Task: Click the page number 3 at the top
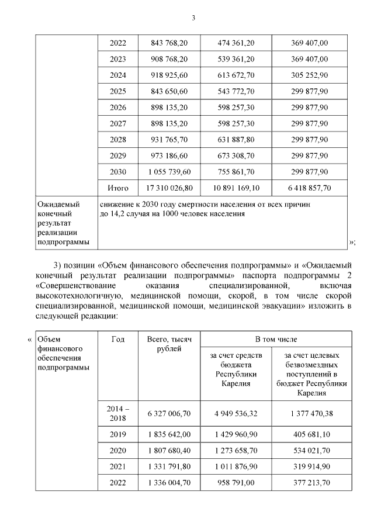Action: point(193,18)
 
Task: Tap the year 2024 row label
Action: point(118,75)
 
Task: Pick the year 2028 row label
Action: point(118,139)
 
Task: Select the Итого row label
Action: point(118,188)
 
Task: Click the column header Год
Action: point(117,338)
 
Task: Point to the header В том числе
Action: point(276,338)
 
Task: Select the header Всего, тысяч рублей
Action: point(169,344)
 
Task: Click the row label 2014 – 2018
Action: point(117,414)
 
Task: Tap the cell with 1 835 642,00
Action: point(169,435)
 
